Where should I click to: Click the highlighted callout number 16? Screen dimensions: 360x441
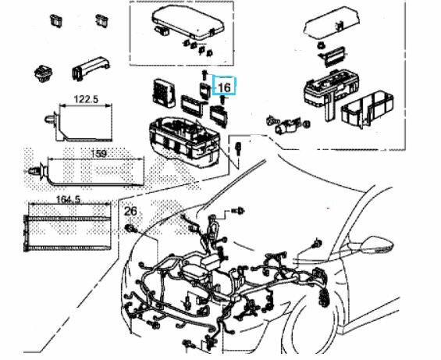224,87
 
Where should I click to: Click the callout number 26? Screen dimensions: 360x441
130,211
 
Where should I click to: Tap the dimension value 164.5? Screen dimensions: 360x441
70,200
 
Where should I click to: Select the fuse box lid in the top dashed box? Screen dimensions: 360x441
182,24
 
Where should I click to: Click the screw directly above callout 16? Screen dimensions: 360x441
204,76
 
